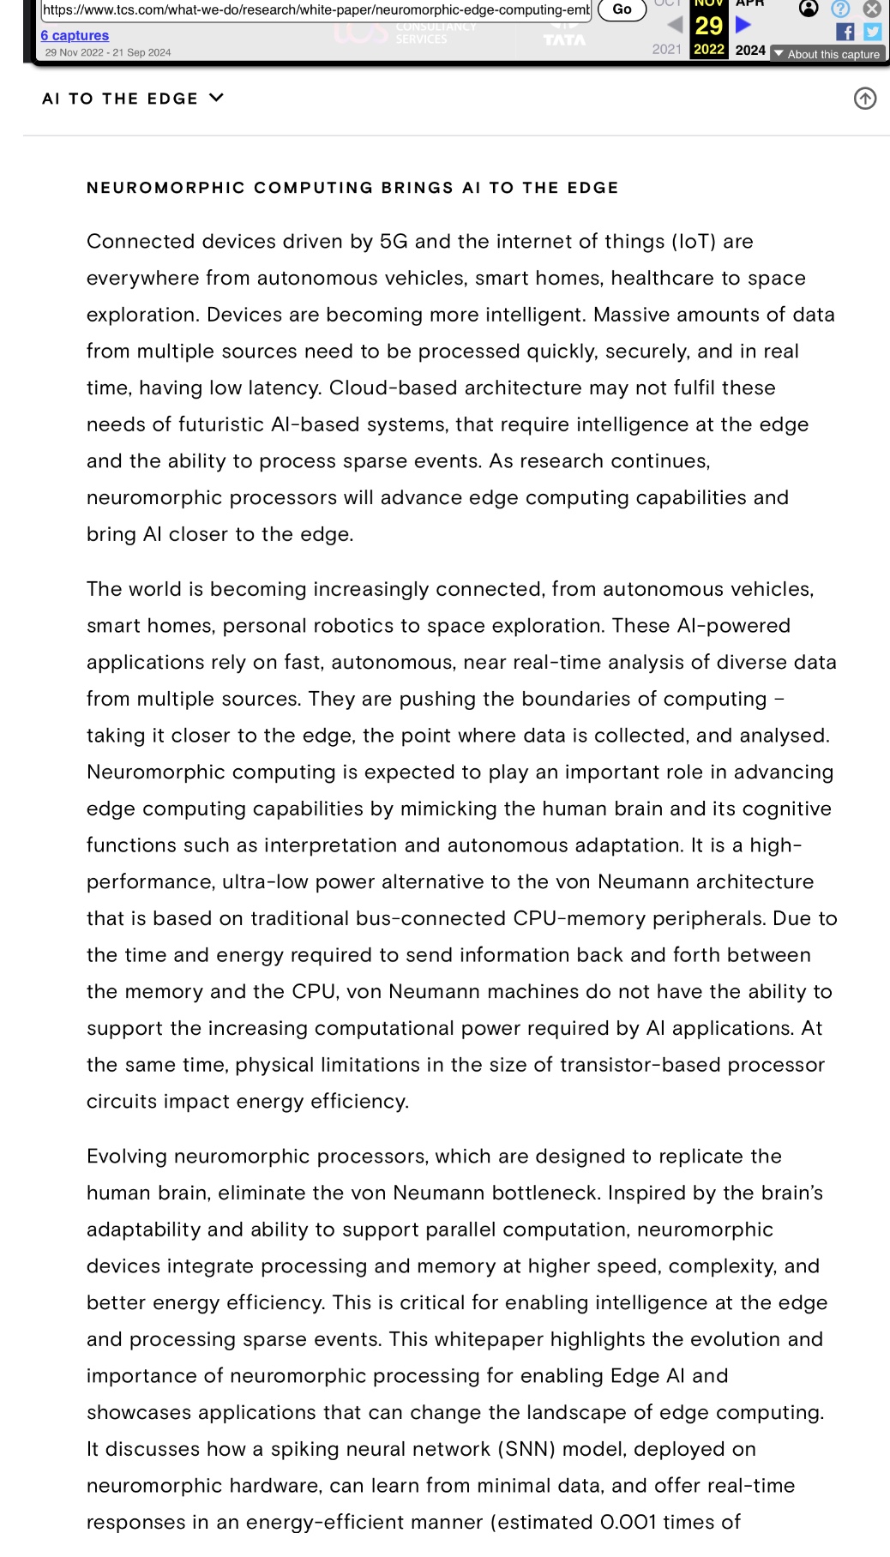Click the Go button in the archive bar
point(622,9)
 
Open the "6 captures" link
point(75,35)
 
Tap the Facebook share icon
point(845,32)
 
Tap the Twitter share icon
point(872,32)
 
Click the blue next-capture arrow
point(743,24)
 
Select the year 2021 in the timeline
point(666,50)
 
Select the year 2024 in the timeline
point(750,50)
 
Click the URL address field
point(316,9)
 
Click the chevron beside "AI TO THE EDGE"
point(216,98)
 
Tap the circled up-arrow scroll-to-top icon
point(865,99)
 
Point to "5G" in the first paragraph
point(394,242)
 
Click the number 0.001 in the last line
point(628,1523)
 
